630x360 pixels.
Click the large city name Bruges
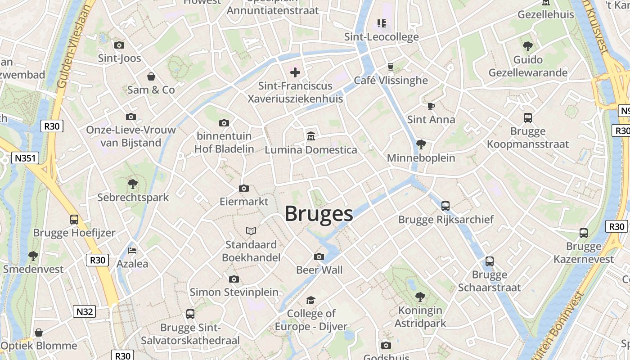pos(319,214)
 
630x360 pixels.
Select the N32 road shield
pos(84,311)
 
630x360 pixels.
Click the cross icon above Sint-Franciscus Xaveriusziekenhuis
pos(295,72)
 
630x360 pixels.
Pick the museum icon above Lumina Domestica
pos(310,136)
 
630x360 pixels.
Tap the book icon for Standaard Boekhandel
pos(251,231)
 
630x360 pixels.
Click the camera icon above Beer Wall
pos(319,256)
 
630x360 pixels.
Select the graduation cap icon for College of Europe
pos(311,300)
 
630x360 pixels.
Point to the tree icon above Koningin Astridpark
pos(420,297)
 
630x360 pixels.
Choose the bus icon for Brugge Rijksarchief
pos(445,206)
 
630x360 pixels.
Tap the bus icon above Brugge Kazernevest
pos(584,233)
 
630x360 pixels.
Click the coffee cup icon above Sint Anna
pos(431,106)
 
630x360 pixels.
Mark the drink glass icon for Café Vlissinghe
pos(390,67)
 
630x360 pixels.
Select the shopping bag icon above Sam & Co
pos(151,76)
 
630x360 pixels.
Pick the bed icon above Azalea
pos(132,250)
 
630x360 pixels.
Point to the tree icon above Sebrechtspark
pos(133,184)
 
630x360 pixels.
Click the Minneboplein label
pos(421,158)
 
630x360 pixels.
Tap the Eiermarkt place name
pos(244,201)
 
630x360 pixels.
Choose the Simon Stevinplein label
pos(234,292)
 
